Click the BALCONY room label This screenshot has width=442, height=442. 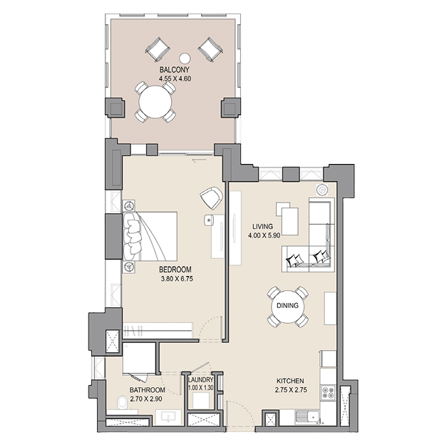coord(174,70)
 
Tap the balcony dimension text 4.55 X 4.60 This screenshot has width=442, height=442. coord(175,78)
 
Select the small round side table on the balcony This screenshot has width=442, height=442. coord(185,58)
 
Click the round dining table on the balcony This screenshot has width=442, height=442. coord(155,102)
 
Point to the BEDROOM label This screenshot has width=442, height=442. coord(175,269)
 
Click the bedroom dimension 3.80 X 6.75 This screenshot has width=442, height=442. coord(177,279)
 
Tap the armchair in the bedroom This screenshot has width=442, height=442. coord(212,198)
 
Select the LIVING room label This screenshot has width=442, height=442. coord(262,227)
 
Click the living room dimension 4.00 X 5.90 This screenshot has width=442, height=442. coord(264,235)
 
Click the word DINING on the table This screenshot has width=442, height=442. coord(287,306)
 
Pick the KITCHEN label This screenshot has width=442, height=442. coord(290,381)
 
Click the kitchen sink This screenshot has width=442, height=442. coord(308,417)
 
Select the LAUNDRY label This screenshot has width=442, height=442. coord(201,380)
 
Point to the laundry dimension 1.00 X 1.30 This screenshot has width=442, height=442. coord(201,388)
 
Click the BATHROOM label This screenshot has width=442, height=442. coord(147,390)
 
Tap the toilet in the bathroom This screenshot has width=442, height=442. coord(123,404)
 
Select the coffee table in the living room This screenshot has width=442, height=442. coord(287,218)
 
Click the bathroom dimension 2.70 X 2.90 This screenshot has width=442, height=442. coord(146,399)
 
